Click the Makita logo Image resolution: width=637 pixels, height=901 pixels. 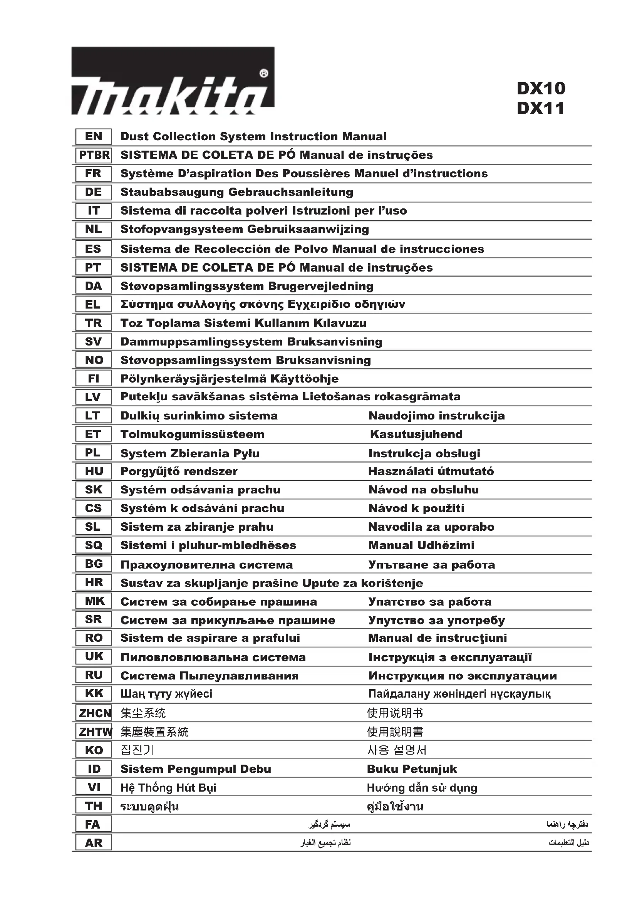[173, 81]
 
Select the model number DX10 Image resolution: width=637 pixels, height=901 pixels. [541, 89]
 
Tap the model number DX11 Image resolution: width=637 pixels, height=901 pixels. [540, 108]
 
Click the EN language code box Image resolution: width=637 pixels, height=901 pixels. [93, 137]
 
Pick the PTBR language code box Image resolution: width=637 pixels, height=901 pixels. [93, 155]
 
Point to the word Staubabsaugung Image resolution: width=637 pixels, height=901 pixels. [173, 192]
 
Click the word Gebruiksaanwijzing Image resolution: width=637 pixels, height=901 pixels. [308, 229]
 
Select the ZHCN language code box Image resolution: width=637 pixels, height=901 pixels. [94, 713]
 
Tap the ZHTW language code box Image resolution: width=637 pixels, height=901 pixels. [94, 732]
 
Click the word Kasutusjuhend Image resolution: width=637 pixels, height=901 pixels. [416, 435]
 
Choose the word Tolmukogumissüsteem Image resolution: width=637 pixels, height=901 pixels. [192, 435]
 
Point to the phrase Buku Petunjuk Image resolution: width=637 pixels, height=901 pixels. [412, 769]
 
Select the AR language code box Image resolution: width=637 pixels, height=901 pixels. [93, 843]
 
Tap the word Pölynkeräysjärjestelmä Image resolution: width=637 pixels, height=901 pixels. [186, 379]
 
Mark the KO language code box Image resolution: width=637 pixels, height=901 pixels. [93, 750]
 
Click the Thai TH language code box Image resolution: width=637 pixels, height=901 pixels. [93, 806]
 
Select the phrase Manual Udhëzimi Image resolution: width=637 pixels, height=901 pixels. [421, 545]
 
